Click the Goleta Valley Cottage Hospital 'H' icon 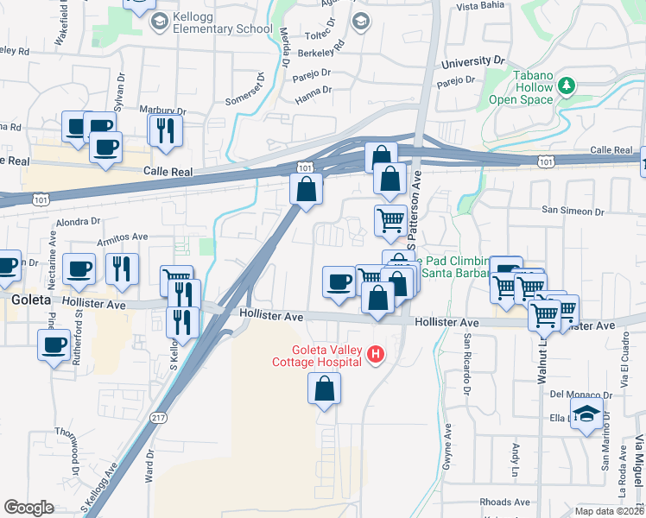(x=375, y=353)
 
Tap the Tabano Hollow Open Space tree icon (x=567, y=85)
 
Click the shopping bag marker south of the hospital (x=324, y=391)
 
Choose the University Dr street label (x=472, y=62)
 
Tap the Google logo (x=28, y=508)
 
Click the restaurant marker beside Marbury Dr (x=163, y=130)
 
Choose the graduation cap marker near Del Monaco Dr (x=586, y=414)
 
